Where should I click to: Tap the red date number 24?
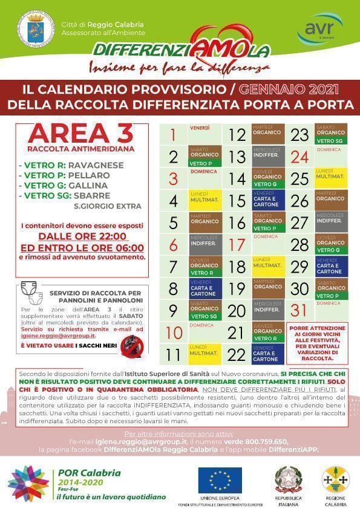[x=300, y=158]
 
